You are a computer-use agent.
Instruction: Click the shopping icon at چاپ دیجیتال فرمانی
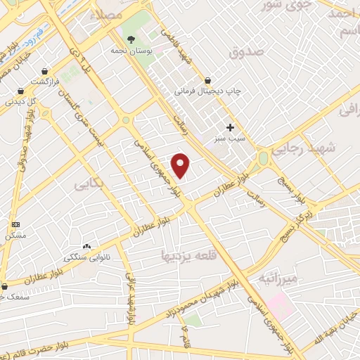pyautogui.click(x=207, y=79)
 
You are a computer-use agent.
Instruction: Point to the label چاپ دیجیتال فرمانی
pyautogui.click(x=208, y=91)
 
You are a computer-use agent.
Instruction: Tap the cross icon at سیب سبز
pyautogui.click(x=230, y=127)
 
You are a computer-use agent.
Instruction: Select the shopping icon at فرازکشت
pyautogui.click(x=45, y=71)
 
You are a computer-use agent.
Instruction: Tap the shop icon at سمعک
pyautogui.click(x=6, y=286)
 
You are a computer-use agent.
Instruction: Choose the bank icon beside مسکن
pyautogui.click(x=15, y=224)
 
